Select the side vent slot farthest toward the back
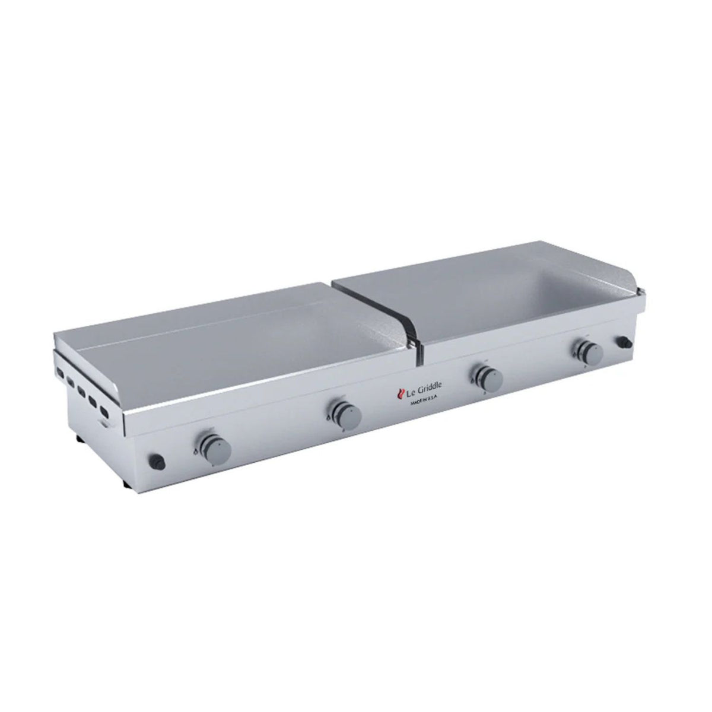pos(60,372)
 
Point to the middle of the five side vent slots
pos(81,391)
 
